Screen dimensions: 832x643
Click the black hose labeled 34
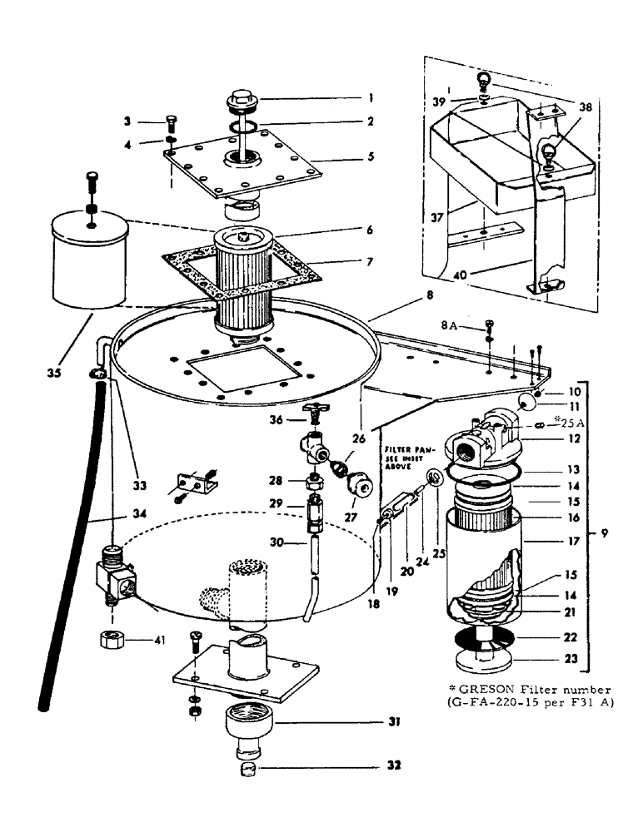(x=71, y=541)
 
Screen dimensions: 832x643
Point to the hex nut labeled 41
(x=110, y=641)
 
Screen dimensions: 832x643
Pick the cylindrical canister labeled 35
(x=87, y=258)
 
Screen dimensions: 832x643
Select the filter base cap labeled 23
(x=483, y=662)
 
